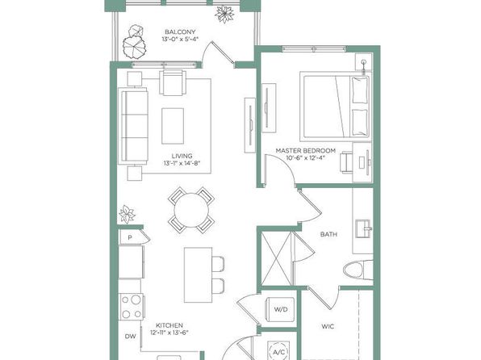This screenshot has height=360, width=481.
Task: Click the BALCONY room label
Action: pyautogui.click(x=180, y=32)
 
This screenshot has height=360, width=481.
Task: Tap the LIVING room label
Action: pyautogui.click(x=182, y=156)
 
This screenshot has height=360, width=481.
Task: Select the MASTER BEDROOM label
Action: pyautogui.click(x=306, y=151)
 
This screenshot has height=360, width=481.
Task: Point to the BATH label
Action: pyautogui.click(x=328, y=234)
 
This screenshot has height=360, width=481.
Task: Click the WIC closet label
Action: pyautogui.click(x=328, y=326)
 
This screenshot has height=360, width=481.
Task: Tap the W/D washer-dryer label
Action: pyautogui.click(x=281, y=309)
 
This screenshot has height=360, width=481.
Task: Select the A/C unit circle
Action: pyautogui.click(x=279, y=352)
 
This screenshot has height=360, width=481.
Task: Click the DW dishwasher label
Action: pyautogui.click(x=131, y=337)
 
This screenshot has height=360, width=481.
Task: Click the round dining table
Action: pyautogui.click(x=191, y=211)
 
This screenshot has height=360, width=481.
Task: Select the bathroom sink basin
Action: pyautogui.click(x=363, y=228)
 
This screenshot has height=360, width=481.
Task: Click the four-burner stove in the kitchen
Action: pyautogui.click(x=132, y=307)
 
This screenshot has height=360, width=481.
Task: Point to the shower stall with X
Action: pyautogui.click(x=276, y=259)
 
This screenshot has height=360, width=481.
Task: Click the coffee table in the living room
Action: pyautogui.click(x=173, y=126)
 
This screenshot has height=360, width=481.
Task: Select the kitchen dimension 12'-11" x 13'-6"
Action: pyautogui.click(x=169, y=333)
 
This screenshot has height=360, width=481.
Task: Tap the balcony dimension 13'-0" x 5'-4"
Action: pyautogui.click(x=181, y=39)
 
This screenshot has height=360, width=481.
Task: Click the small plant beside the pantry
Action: pyautogui.click(x=127, y=214)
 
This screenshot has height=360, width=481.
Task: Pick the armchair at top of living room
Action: pyautogui.click(x=173, y=82)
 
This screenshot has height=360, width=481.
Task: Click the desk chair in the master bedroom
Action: pyautogui.click(x=346, y=162)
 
